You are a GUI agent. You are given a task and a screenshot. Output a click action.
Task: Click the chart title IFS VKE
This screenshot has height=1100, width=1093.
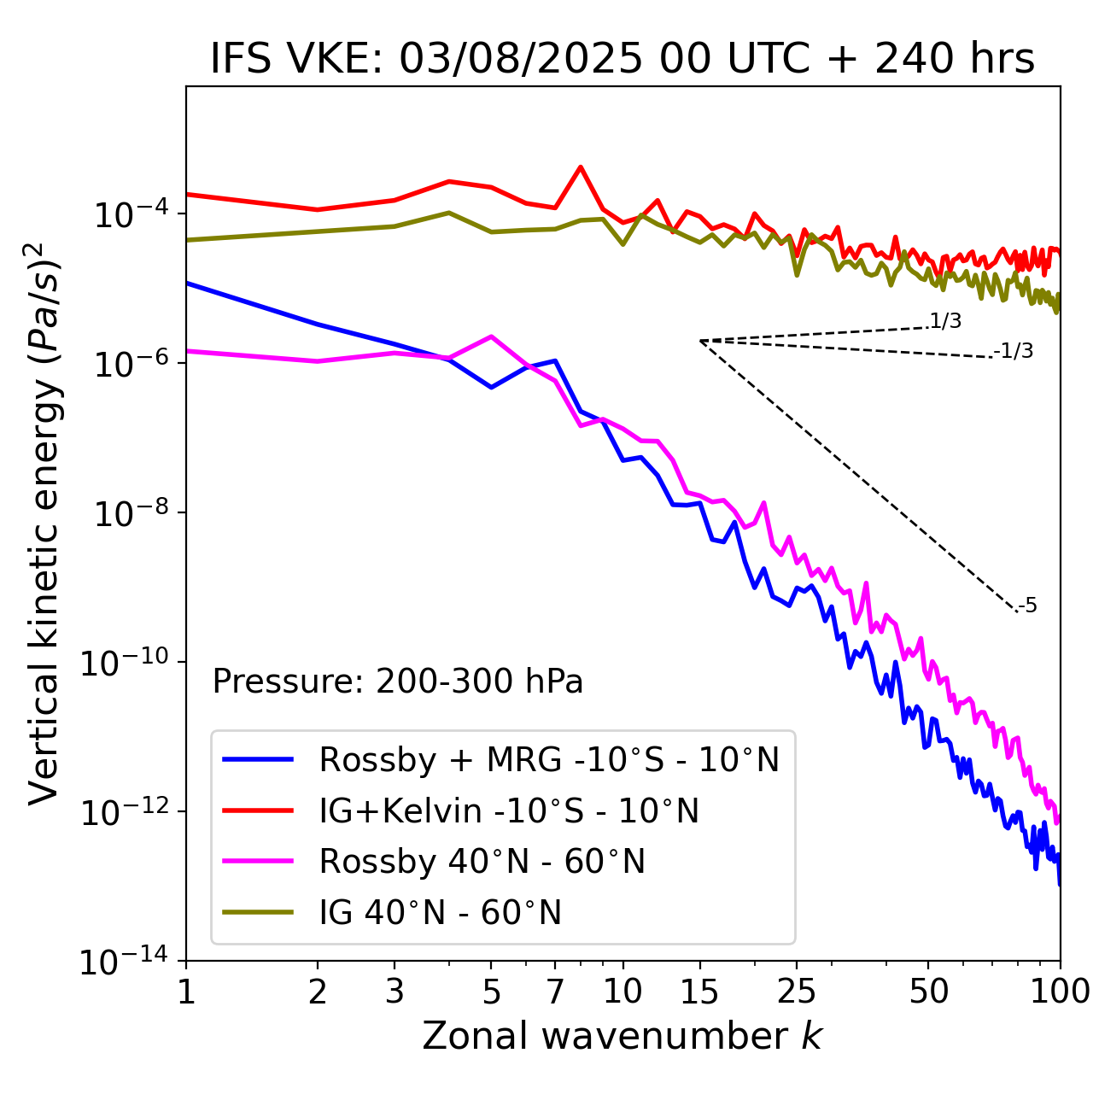tap(622, 59)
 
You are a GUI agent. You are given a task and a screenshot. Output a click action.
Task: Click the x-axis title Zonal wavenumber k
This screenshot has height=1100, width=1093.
tap(622, 1036)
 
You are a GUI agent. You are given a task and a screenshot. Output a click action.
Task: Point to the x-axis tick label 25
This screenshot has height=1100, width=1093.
tap(797, 992)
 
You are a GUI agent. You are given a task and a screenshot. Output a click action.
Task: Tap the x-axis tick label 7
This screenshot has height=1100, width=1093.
tap(556, 992)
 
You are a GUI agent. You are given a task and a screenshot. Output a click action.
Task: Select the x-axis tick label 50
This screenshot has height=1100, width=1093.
tap(928, 992)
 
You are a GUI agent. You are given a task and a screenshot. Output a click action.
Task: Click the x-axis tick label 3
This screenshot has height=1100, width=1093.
tap(395, 992)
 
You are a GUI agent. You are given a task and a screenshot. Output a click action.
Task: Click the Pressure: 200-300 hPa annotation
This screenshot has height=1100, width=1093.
tap(398, 682)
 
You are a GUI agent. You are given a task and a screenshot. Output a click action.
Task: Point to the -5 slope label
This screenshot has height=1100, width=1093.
tap(1028, 606)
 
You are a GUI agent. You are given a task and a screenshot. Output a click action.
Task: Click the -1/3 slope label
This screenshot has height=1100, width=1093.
tap(1014, 351)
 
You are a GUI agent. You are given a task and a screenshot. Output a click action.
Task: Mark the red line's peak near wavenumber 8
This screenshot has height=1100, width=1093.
tap(581, 167)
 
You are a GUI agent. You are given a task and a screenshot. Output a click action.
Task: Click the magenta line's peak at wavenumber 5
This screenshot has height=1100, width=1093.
tap(491, 336)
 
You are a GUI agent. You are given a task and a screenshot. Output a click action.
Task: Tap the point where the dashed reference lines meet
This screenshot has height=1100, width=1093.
tap(700, 341)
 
